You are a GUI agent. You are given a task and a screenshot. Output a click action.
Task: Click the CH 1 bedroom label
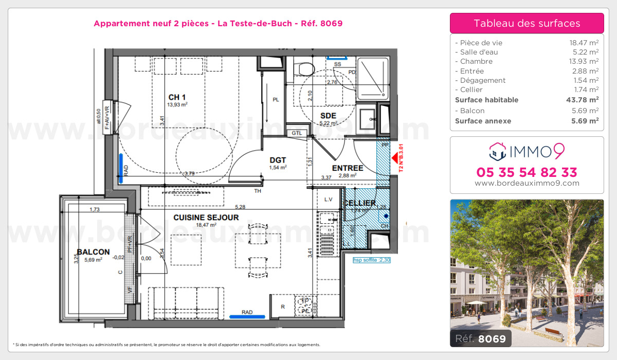pos(177,98)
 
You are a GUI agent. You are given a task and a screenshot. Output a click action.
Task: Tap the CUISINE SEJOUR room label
pos(206,218)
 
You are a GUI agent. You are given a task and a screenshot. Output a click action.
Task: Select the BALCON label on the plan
pos(93,252)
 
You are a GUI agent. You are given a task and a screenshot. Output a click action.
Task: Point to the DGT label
pos(278,160)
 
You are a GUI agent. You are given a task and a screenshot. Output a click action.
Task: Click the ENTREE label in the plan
pos(348,168)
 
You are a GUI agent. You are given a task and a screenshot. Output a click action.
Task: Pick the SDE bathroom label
pos(328,116)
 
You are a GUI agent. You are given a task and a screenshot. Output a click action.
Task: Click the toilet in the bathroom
pos(305,69)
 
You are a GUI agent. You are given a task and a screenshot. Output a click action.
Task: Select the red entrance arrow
pos(395,158)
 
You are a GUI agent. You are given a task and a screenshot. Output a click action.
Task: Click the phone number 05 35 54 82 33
pos(527,172)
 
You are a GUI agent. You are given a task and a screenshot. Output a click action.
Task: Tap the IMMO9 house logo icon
pos(498,151)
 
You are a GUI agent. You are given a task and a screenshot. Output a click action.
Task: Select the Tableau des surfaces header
pos(527,23)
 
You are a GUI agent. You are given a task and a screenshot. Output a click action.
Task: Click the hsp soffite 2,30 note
pos(371,260)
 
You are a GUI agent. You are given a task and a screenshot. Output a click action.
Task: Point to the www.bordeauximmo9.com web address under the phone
pos(527,183)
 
